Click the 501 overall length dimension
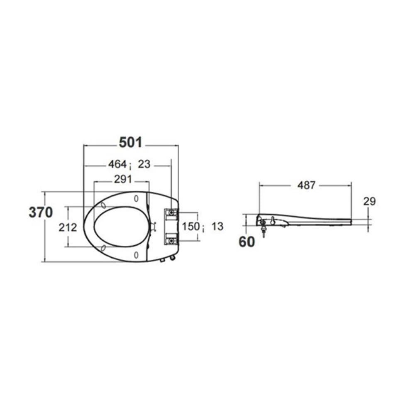130,143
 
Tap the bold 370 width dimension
41,212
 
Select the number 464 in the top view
117,164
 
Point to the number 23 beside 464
144,164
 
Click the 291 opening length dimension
123,179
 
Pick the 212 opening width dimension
68,227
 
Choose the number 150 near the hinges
190,227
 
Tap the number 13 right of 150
217,227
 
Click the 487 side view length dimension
307,185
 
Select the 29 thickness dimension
369,202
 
